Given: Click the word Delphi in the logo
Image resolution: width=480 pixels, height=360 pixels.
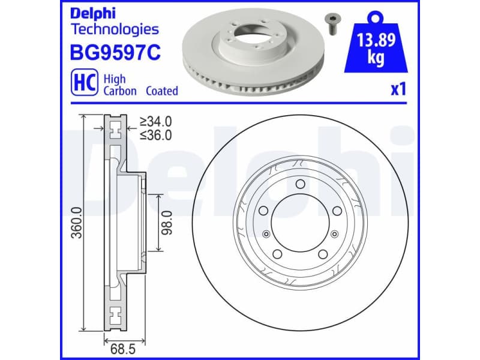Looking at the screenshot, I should point(94,14).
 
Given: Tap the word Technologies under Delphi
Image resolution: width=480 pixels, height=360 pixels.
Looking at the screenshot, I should point(115,29).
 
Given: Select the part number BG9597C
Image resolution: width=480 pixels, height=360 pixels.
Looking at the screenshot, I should point(116,53).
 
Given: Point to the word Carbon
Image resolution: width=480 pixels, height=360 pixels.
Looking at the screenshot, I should point(120,91).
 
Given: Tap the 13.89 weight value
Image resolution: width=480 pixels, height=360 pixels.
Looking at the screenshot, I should point(375,43).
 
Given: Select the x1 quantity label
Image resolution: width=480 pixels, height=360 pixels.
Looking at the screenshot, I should point(398,90).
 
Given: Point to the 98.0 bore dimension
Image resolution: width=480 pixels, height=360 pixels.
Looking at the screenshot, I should point(167,223).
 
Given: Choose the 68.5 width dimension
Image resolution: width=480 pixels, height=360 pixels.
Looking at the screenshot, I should point(118,346).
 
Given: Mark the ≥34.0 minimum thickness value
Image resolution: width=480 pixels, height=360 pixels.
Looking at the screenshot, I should point(155,122).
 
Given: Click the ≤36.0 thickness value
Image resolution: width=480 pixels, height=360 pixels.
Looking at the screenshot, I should point(155,135).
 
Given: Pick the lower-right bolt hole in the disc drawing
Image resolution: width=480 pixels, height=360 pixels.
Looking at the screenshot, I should point(323,254).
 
